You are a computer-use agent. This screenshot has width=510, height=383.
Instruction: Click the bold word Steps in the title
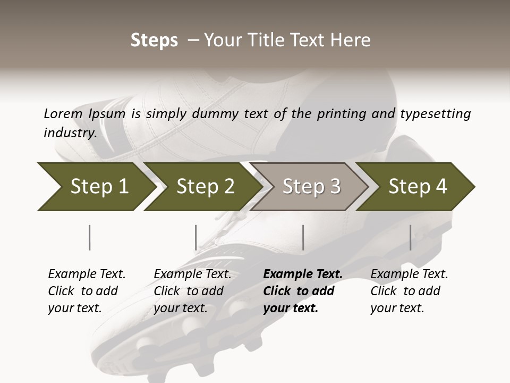[154, 40]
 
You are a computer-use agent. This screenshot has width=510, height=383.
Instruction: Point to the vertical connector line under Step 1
[90, 237]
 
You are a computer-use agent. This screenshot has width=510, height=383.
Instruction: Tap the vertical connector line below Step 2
[196, 237]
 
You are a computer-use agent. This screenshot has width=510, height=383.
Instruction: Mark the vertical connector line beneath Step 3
[303, 237]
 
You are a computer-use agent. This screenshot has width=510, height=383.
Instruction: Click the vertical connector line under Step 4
[410, 237]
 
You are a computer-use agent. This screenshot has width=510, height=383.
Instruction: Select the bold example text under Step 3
[302, 291]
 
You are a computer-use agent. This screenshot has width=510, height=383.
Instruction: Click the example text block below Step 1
[87, 291]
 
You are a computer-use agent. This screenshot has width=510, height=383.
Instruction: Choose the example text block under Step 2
[192, 291]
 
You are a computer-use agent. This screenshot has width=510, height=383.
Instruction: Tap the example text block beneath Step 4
[409, 291]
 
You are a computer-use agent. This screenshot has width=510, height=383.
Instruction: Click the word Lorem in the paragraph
[63, 114]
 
